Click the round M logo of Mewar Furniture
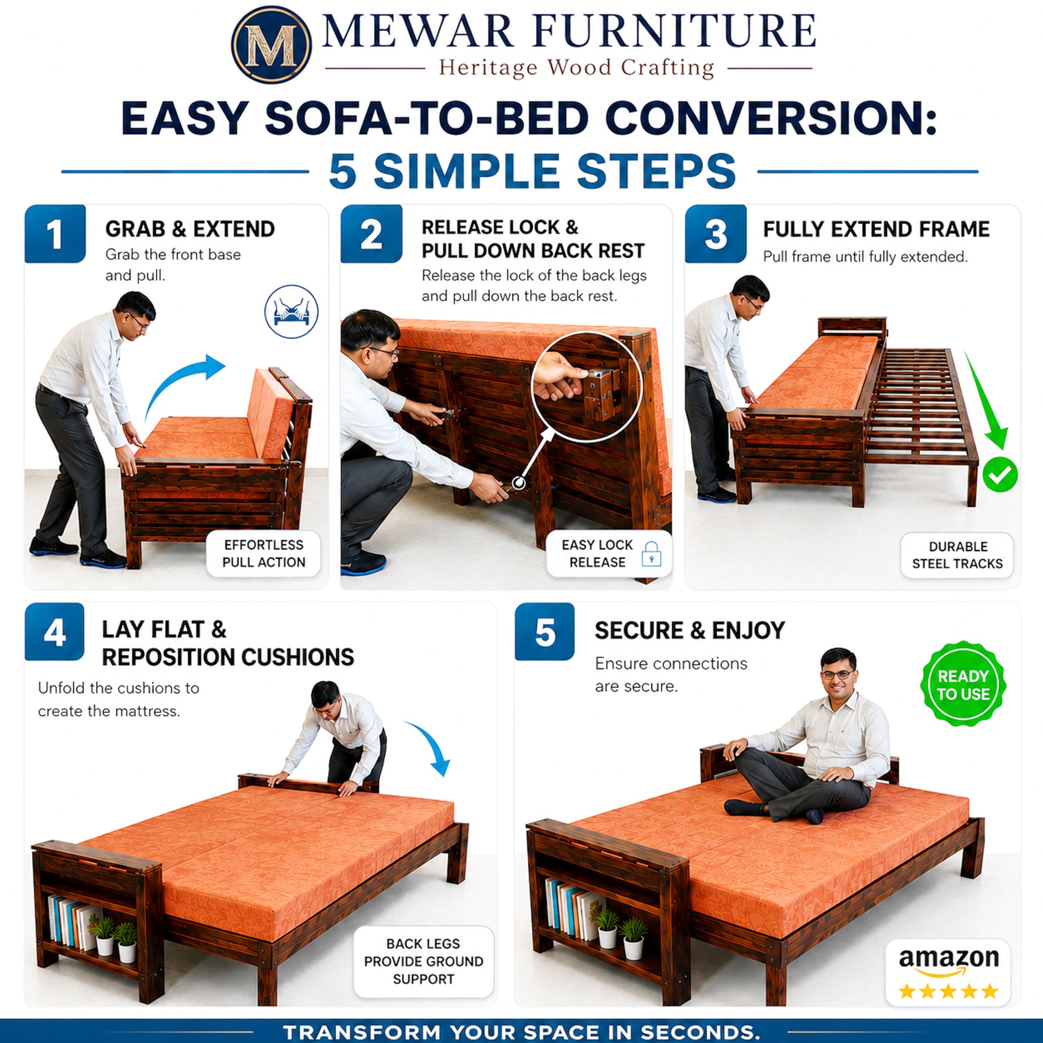click(271, 45)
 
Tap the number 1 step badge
click(55, 234)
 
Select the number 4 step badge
click(55, 632)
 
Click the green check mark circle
click(1000, 475)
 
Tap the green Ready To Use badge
click(963, 685)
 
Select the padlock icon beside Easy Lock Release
click(651, 554)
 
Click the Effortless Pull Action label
click(264, 554)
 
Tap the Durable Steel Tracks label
click(957, 555)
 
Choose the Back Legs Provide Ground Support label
click(423, 962)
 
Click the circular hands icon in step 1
click(291, 312)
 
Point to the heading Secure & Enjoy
click(689, 631)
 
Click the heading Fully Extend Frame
click(876, 229)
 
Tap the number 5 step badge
click(545, 632)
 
